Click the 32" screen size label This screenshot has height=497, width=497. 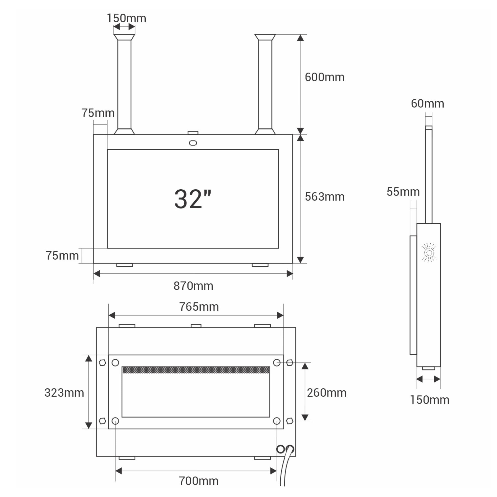(193, 199)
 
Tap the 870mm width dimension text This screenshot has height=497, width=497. (193, 286)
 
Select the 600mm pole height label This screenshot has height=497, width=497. (324, 77)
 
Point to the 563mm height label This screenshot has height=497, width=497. (324, 197)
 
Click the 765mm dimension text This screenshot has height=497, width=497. (199, 307)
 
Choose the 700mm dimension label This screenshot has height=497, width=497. (199, 481)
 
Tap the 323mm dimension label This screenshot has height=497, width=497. (64, 393)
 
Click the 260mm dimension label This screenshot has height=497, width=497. (327, 393)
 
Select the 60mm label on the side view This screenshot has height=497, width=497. (427, 104)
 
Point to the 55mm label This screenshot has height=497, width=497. (403, 192)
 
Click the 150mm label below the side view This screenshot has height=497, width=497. (429, 400)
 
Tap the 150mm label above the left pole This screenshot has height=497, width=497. (126, 18)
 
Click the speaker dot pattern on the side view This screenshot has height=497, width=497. (429, 253)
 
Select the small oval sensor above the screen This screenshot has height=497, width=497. (193, 143)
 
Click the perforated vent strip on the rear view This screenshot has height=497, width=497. (196, 370)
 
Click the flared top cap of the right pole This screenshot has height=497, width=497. (265, 37)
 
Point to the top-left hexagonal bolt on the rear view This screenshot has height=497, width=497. (102, 363)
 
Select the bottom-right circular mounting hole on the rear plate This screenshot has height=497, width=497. (277, 421)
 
